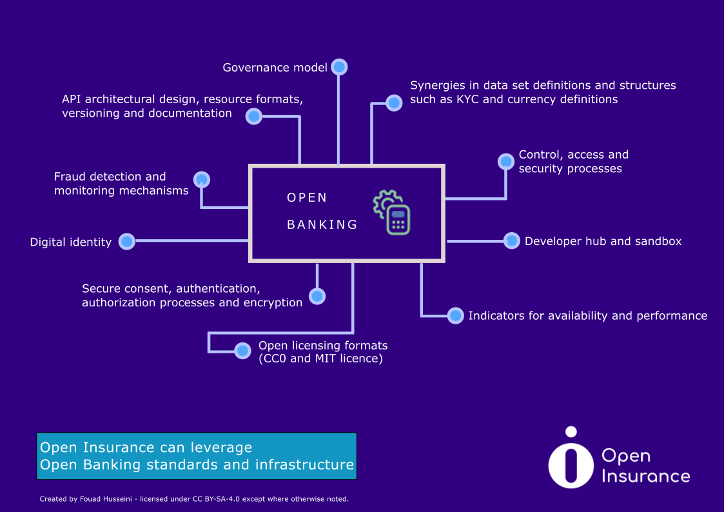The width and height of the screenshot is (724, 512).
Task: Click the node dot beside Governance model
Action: pyautogui.click(x=339, y=68)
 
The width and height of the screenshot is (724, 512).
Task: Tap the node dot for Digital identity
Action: pyautogui.click(x=127, y=241)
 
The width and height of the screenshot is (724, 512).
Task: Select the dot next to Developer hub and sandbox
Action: pyautogui.click(x=512, y=241)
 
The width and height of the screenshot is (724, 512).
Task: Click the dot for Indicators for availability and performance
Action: pyautogui.click(x=456, y=316)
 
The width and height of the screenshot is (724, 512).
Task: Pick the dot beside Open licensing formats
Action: pyautogui.click(x=242, y=351)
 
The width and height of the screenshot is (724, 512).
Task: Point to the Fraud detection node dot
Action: pyautogui.click(x=202, y=180)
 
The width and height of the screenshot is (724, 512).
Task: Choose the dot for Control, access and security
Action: pyautogui.click(x=506, y=162)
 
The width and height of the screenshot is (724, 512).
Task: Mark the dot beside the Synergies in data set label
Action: pyautogui.click(x=394, y=103)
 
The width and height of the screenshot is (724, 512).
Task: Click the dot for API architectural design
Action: pyautogui.click(x=254, y=116)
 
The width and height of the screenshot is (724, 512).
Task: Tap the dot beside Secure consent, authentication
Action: pyautogui.click(x=317, y=297)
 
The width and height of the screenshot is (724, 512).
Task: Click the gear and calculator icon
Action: pyautogui.click(x=391, y=212)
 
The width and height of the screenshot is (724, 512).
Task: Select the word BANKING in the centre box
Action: pyautogui.click(x=322, y=225)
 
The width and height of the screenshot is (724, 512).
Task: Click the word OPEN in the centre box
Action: pyautogui.click(x=307, y=198)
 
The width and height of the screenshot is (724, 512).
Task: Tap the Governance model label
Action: pyautogui.click(x=275, y=68)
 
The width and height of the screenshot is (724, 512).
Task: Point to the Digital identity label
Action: pyautogui.click(x=71, y=242)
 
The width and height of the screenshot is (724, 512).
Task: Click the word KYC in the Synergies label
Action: pyautogui.click(x=467, y=99)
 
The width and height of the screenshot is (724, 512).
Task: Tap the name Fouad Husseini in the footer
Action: pyautogui.click(x=106, y=499)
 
